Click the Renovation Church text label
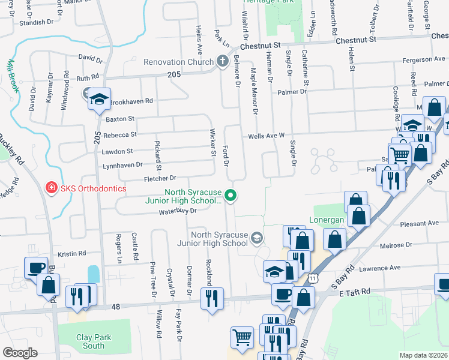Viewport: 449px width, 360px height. [178, 62]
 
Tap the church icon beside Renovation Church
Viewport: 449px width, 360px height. [222, 61]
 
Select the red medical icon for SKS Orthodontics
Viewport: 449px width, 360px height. [52, 188]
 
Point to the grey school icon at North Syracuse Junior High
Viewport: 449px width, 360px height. [257, 238]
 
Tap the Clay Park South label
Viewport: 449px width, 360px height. [94, 341]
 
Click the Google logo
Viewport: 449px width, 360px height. [20, 353]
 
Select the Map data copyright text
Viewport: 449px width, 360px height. [424, 355]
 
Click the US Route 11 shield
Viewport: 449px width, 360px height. [313, 279]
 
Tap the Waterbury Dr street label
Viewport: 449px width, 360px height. [178, 211]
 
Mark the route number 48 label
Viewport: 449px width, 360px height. [116, 307]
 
